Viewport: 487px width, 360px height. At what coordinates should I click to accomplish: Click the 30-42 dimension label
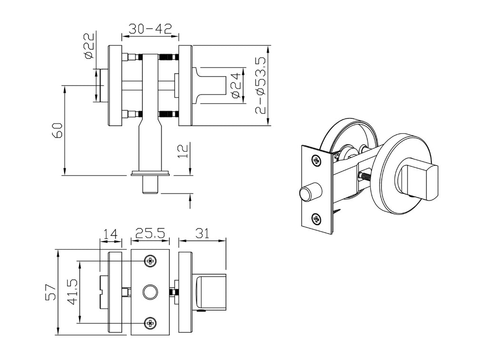click(x=150, y=29)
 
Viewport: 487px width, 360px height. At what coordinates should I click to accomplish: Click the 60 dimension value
click(x=57, y=130)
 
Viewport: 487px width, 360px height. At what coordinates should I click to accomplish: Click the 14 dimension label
click(x=110, y=234)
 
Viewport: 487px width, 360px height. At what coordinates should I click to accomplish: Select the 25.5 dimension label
click(x=150, y=234)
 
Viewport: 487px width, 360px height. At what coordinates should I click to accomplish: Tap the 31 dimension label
click(x=202, y=234)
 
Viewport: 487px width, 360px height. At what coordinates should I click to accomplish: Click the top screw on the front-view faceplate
click(x=151, y=261)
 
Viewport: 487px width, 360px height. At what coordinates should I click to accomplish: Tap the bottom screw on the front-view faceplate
click(x=151, y=323)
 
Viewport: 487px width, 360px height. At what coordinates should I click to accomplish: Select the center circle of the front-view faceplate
click(x=151, y=292)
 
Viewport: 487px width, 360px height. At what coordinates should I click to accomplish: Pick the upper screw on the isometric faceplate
click(x=316, y=161)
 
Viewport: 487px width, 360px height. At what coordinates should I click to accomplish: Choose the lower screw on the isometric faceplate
click(x=316, y=219)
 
